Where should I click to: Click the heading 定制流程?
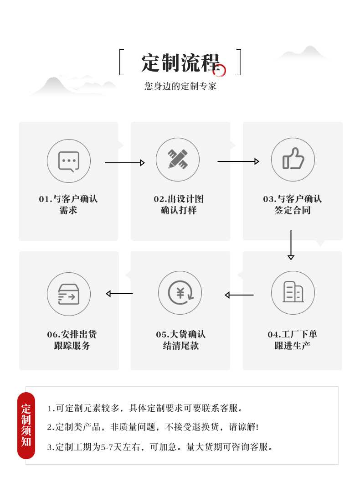point(180,62)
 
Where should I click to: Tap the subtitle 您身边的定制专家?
point(180,86)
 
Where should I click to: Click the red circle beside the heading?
point(220,70)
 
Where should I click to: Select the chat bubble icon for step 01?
point(69,161)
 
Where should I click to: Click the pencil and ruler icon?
point(178,159)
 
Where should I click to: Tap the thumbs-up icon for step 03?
point(293,159)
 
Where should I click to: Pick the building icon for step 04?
point(293,292)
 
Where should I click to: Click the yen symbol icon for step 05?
point(180,292)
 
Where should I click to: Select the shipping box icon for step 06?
point(69,294)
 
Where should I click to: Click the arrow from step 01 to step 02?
point(125,163)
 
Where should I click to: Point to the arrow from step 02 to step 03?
point(238,161)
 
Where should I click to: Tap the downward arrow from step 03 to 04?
point(291,245)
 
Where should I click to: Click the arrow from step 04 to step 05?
point(239,295)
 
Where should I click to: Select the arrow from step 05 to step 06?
point(119,294)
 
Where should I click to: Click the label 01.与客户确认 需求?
point(68,205)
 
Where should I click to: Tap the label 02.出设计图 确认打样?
point(179,205)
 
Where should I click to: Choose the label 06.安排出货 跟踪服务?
point(72,340)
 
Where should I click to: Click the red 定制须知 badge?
point(26,425)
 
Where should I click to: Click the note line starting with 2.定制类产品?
point(153,427)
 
